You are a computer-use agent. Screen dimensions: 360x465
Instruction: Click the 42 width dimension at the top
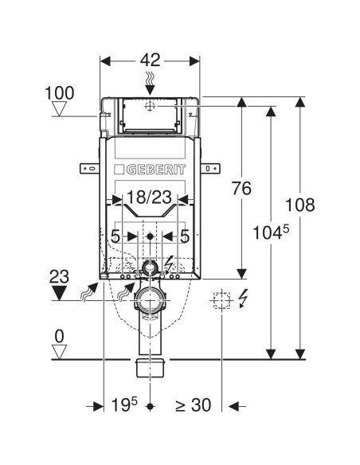(x=150, y=61)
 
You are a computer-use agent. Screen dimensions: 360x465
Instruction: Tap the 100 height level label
(x=59, y=93)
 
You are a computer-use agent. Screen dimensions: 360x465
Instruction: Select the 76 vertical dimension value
(x=241, y=189)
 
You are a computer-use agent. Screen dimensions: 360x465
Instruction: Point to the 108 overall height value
(x=299, y=205)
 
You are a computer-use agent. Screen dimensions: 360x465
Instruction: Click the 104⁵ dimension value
(x=271, y=232)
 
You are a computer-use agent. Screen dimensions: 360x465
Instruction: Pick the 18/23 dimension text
(x=149, y=197)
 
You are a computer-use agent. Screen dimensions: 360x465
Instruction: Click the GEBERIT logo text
(x=156, y=170)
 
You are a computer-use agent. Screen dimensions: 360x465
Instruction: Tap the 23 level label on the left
(x=59, y=276)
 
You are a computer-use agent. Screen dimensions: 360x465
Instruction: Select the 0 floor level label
(x=59, y=337)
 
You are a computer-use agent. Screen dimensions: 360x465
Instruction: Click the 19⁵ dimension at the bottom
(x=124, y=404)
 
